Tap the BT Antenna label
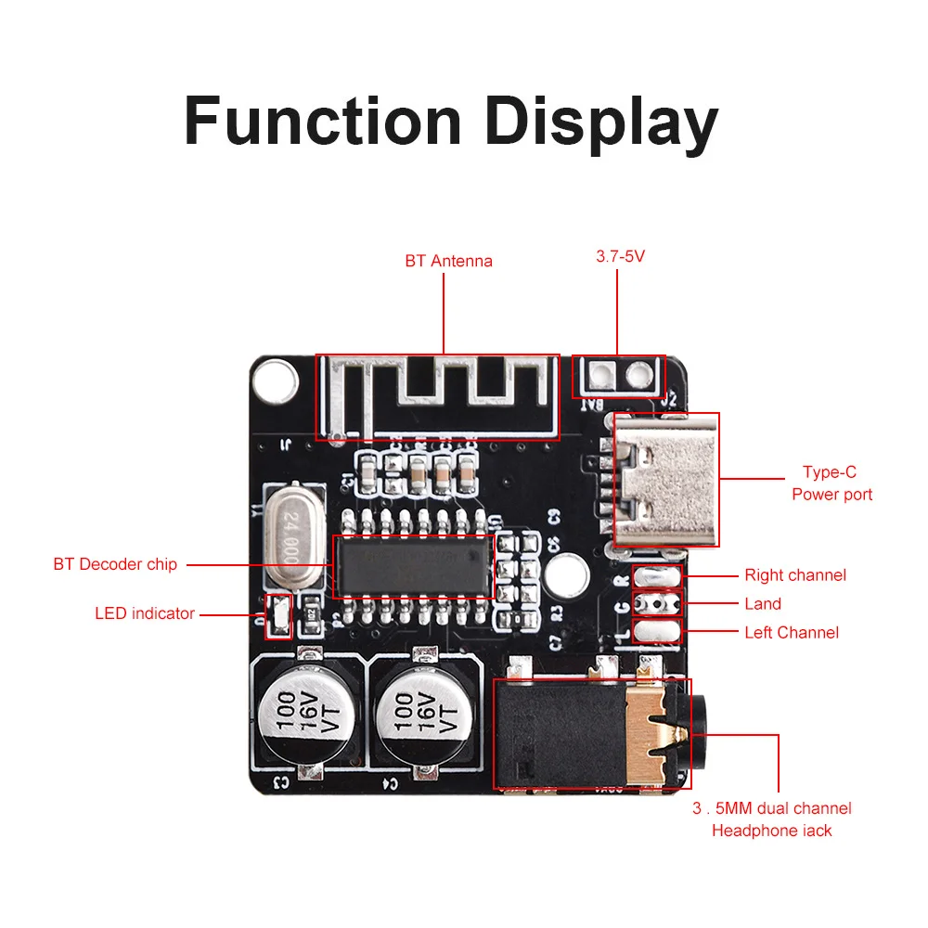tap(448, 261)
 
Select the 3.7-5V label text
tap(620, 255)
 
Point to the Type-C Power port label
tap(831, 483)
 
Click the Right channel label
tap(795, 575)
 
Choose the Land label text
tap(763, 604)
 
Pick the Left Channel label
tap(792, 633)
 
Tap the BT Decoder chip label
tap(115, 564)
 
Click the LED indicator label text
tap(145, 613)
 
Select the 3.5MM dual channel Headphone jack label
tap(771, 818)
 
